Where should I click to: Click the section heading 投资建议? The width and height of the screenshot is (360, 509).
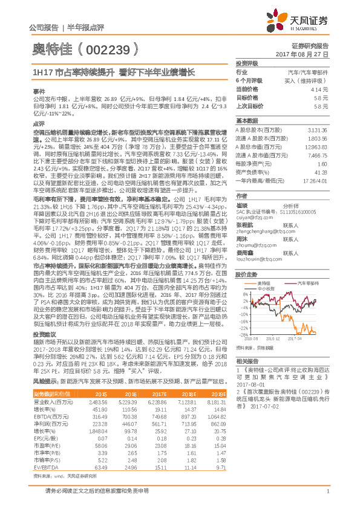click(44, 350)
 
